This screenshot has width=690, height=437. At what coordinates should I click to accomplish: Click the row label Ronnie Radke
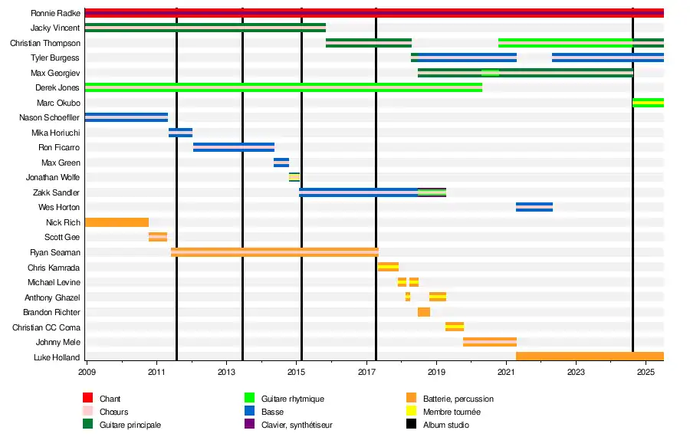[x=55, y=13]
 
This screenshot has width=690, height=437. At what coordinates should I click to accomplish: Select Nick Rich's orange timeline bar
[x=117, y=222]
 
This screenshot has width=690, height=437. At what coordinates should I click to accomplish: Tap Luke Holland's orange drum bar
[x=589, y=356]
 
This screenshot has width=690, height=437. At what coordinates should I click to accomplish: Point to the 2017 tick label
[x=366, y=373]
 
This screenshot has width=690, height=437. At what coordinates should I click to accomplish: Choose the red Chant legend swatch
[x=88, y=399]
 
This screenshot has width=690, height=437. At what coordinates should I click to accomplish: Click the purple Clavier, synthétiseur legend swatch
[x=249, y=425]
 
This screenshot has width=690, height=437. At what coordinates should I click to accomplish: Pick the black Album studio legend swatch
[x=411, y=425]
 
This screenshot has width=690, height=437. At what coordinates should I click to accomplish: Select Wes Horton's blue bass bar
[x=534, y=207]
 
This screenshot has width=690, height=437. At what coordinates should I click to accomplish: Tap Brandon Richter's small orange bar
[x=424, y=312]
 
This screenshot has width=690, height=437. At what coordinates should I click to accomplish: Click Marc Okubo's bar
[x=648, y=103]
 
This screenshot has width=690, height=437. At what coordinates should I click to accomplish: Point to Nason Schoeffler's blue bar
[x=127, y=117]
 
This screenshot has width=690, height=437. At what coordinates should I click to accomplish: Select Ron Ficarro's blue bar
[x=234, y=147]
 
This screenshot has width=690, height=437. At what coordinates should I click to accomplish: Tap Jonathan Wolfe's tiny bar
[x=294, y=177]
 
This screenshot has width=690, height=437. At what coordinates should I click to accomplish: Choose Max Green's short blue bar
[x=281, y=163]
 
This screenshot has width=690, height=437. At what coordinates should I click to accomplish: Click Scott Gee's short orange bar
[x=158, y=237]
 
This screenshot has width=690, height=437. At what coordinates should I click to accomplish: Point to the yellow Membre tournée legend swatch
[x=411, y=412]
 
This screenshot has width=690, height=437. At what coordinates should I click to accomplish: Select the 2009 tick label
[x=87, y=373]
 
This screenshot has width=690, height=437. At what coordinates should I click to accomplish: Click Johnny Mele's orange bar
[x=490, y=342]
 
